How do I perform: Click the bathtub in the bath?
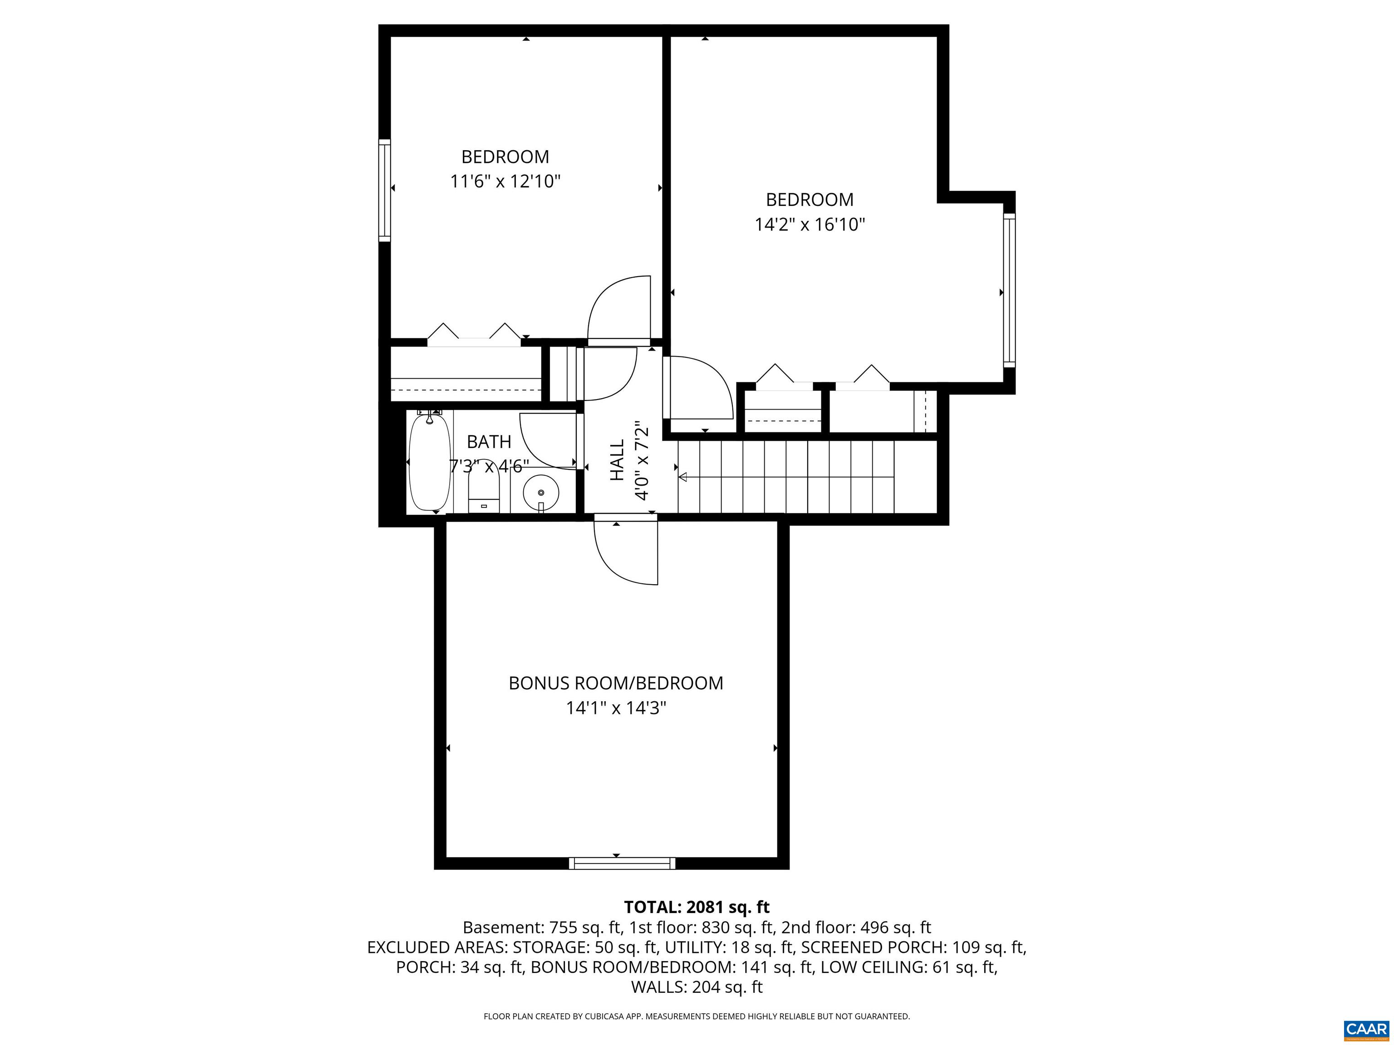pos(429,462)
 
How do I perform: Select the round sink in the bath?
pos(541,493)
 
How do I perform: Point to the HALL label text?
pos(617,460)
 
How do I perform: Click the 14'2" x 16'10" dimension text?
pos(810,225)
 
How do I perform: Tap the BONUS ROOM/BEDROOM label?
pos(616,684)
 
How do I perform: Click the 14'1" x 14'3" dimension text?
pos(616,708)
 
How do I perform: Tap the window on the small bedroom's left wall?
pos(384,190)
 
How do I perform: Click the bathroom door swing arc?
pos(546,439)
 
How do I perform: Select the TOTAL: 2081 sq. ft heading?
pos(697,907)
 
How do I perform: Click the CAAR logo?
pos(1366,1029)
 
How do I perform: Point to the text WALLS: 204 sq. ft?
pos(697,987)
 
